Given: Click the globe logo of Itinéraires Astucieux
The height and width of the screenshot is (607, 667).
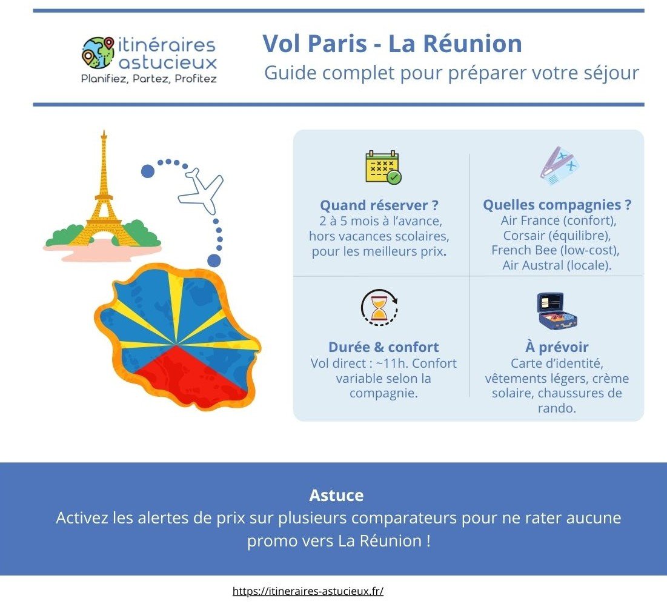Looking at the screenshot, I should pos(98,53).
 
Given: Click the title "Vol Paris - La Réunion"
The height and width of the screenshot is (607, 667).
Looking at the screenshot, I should pos(392,44).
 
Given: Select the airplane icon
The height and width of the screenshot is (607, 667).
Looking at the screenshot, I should pos(201,190).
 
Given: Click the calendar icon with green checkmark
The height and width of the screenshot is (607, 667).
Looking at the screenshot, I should pos(383,167).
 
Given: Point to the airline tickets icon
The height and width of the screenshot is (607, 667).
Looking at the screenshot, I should pos(559,166).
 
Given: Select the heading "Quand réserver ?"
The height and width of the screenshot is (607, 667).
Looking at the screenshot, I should pos(379,205).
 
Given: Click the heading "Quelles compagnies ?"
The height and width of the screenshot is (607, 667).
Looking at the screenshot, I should pos(557,205).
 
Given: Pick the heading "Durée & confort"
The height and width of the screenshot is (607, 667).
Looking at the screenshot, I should pos(383,347).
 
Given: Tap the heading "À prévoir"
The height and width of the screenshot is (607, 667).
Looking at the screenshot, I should pos(557,347).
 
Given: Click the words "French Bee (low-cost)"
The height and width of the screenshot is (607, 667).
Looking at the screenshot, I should pos(556,250).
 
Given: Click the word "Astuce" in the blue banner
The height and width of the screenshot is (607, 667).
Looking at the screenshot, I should pos(336,496).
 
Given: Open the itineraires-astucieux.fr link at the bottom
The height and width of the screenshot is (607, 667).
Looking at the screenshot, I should pos(308,591).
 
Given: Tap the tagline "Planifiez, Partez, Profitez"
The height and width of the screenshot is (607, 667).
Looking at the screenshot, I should pos(149,79).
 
